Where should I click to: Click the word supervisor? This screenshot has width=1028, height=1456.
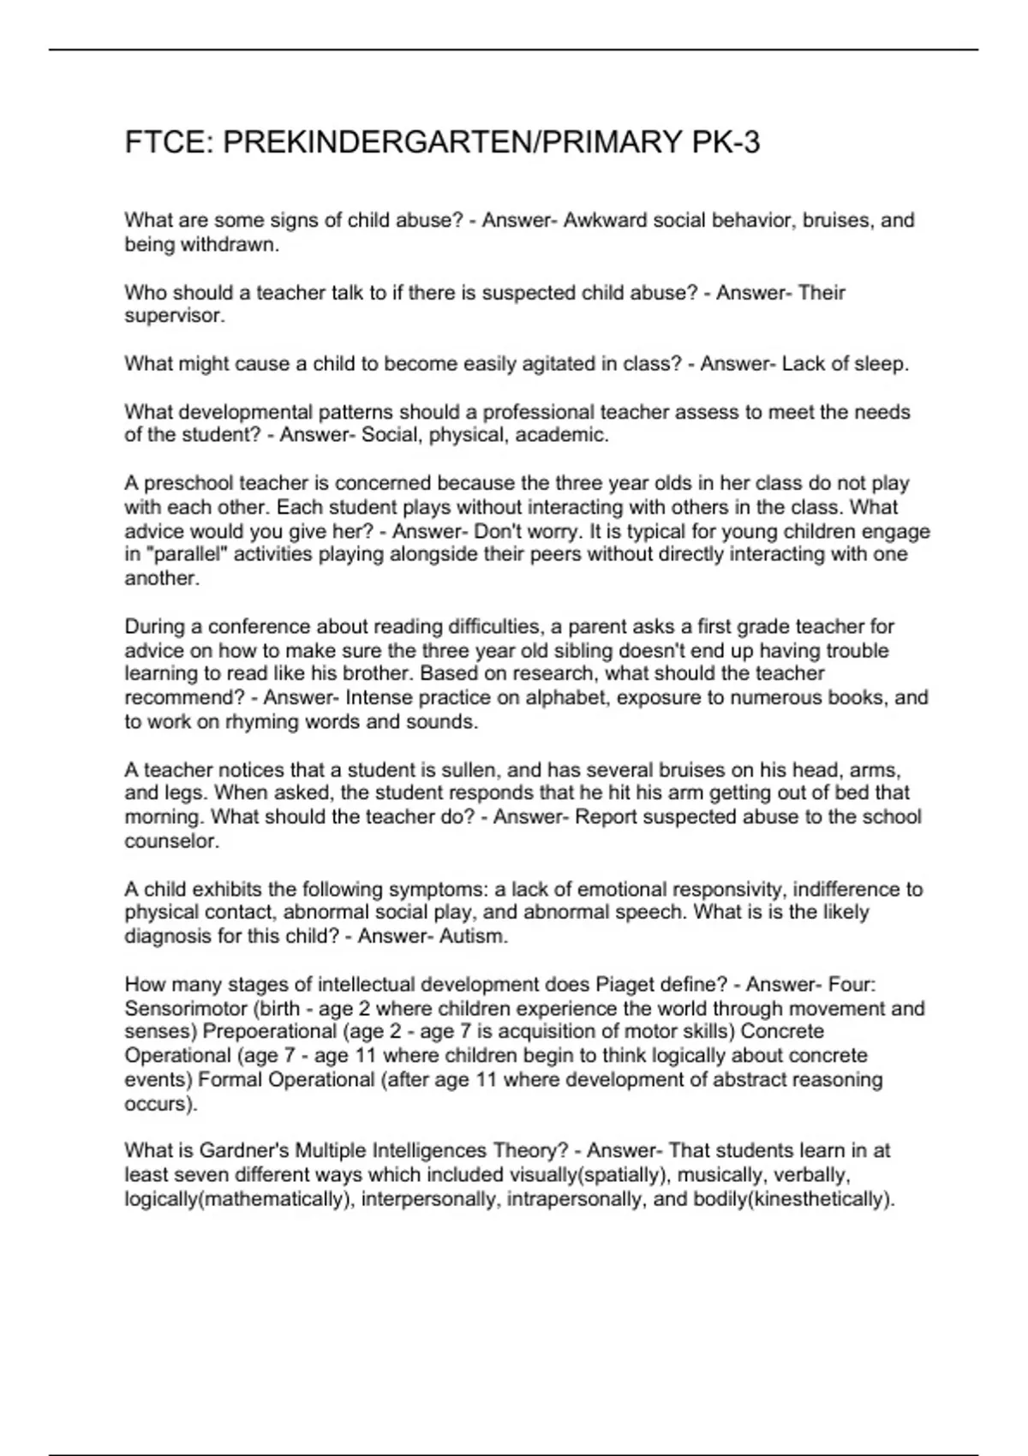click(175, 316)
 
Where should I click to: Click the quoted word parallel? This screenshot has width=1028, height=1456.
click(188, 554)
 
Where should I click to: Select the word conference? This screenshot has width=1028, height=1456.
click(260, 626)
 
